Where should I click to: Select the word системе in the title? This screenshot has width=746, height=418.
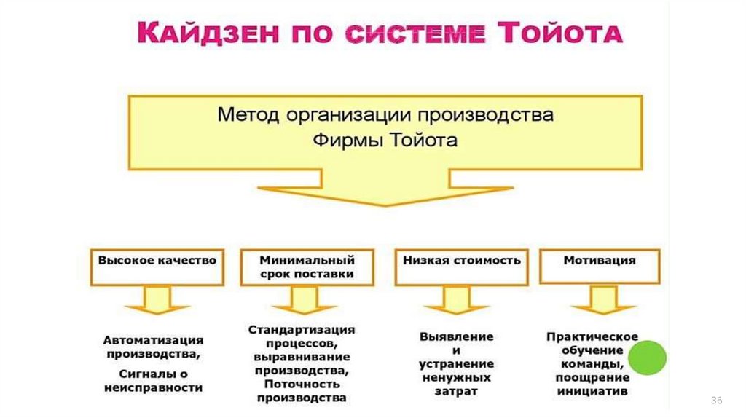point(415,33)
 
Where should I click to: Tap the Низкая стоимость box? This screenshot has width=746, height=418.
point(458,267)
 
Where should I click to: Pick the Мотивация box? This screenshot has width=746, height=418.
point(599,267)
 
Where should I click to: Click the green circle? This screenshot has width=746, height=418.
point(648,358)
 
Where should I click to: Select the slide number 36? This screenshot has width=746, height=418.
point(715,402)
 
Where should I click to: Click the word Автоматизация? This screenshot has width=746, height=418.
point(153,340)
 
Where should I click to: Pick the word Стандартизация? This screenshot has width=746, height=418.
point(302,330)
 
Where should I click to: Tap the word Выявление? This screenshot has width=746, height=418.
point(457,336)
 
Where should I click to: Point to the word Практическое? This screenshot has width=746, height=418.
point(592,336)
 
